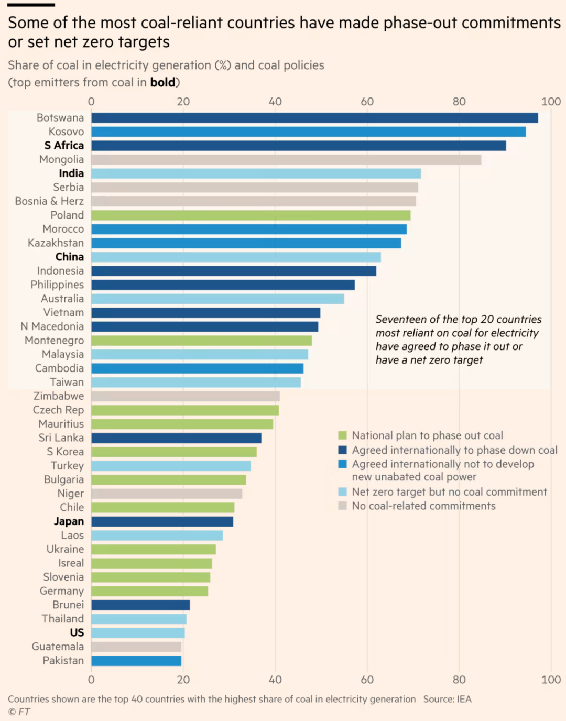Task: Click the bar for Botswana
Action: pos(314,118)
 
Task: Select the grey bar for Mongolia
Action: pos(286,159)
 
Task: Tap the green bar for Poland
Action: pos(251,215)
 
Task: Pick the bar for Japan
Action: pos(162,521)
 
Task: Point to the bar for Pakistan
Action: pos(136,661)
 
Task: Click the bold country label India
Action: pos(71,173)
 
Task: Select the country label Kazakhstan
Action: pos(56,243)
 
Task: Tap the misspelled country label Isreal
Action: pos(71,563)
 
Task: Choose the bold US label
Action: pos(77,633)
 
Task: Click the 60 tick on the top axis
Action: pos(367,102)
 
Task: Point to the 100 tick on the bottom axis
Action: pos(551,680)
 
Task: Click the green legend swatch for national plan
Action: pos(343,435)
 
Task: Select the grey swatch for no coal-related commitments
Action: pos(343,506)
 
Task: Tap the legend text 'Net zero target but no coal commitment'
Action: pos(449,492)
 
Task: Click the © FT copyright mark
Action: pos(19,712)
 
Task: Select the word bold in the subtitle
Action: pos(162,82)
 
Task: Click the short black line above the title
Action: pos(31,5)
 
